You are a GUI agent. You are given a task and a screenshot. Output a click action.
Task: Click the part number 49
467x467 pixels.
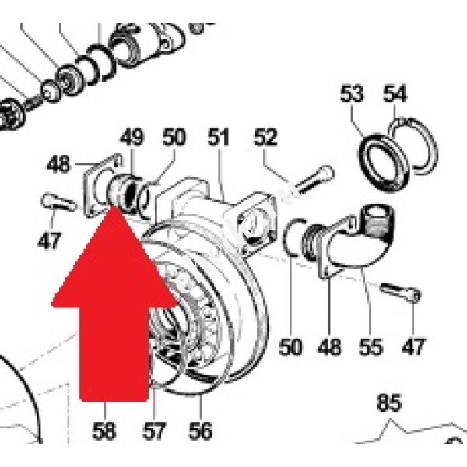coord(132,139)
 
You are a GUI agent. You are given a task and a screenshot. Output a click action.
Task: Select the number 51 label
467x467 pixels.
coord(219,139)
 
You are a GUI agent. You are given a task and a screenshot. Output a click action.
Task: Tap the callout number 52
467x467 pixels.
coord(266,139)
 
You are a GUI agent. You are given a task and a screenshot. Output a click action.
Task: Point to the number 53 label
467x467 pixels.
coord(352,96)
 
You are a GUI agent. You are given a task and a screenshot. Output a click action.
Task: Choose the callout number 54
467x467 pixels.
coord(395,95)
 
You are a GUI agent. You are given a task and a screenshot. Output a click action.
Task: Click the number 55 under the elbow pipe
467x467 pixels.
coord(371,346)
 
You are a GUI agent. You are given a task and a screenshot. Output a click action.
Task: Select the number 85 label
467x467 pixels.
coord(389,404)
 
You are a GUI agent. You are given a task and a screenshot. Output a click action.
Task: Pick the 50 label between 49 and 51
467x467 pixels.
coord(174,139)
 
